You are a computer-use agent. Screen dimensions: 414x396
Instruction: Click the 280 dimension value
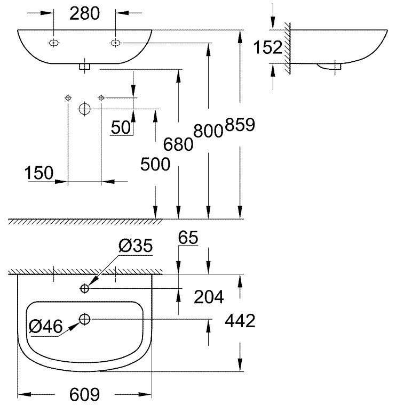tap(84, 14)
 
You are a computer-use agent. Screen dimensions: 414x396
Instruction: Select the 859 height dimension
tap(240, 125)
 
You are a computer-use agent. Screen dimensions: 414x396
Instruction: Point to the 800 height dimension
tap(208, 131)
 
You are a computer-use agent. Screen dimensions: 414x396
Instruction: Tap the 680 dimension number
tap(178, 144)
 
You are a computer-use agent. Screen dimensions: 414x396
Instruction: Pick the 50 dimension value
tap(122, 127)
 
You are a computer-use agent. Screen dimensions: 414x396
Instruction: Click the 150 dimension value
tap(39, 173)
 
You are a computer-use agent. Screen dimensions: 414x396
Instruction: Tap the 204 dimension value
tap(209, 296)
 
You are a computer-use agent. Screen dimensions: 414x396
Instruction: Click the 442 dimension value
tap(240, 321)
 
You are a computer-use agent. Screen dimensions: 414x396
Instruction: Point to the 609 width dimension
tap(85, 395)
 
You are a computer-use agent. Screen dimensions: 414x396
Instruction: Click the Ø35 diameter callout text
tap(136, 246)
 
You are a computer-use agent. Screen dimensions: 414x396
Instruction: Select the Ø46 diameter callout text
tap(46, 326)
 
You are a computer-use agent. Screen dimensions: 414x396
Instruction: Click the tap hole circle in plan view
tap(85, 288)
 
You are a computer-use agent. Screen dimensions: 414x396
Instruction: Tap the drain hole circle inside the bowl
tap(85, 319)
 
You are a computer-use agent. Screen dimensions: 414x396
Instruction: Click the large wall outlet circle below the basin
tap(84, 109)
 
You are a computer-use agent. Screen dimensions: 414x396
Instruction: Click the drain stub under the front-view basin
tap(85, 67)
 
